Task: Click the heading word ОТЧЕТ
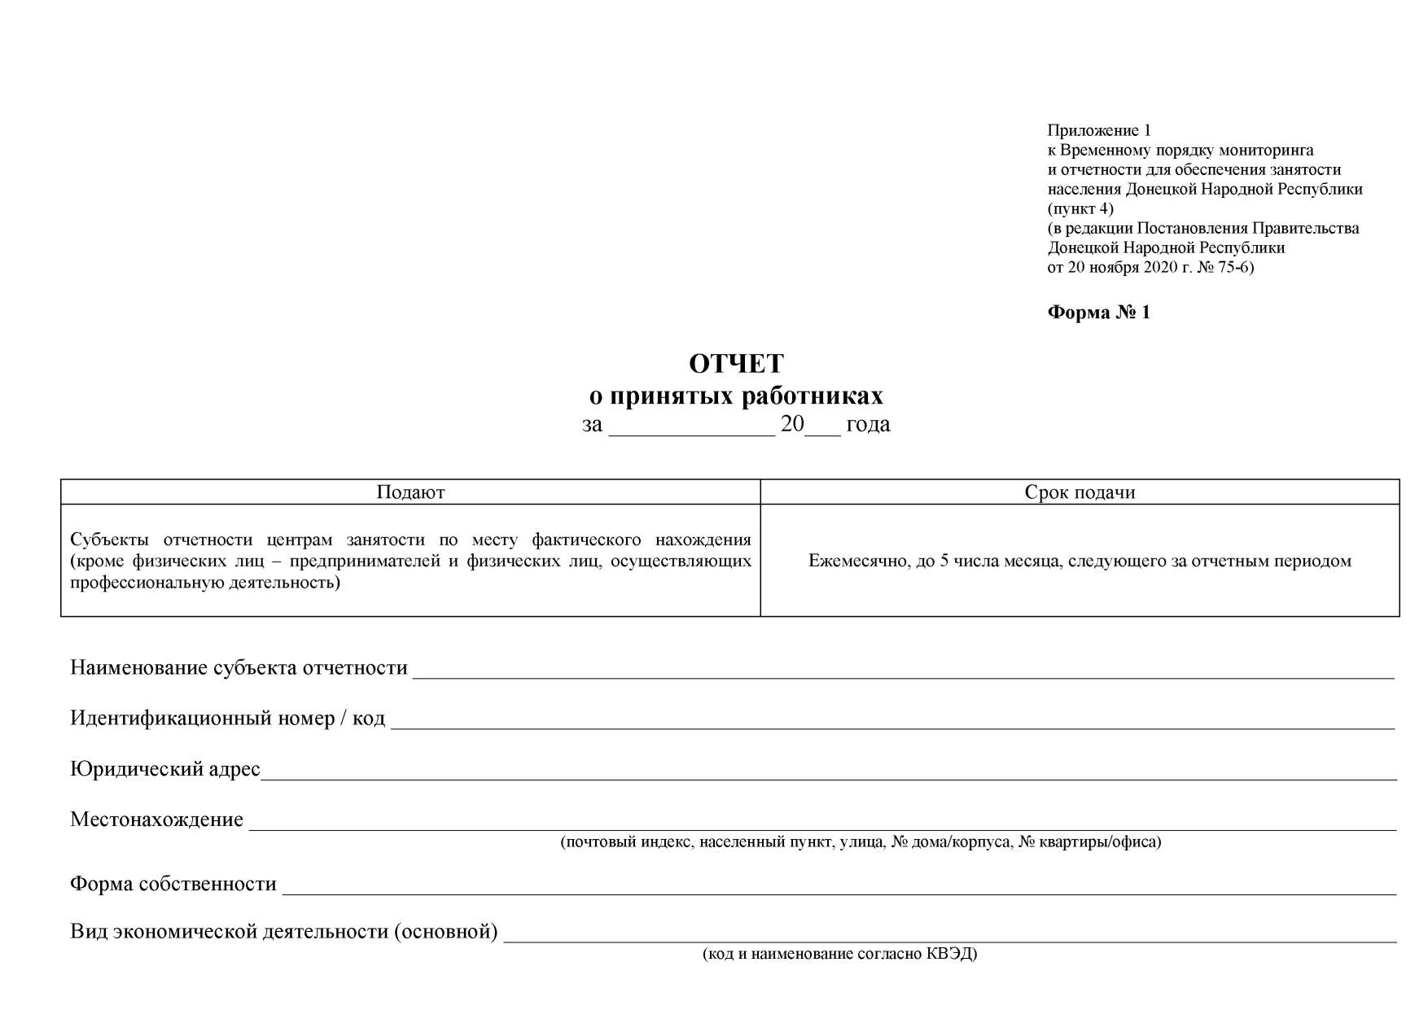(736, 363)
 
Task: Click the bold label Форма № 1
(1098, 313)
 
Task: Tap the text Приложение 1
(1098, 130)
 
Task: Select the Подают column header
(410, 492)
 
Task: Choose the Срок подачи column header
(1080, 492)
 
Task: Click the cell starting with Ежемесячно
(1080, 561)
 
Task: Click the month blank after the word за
(691, 431)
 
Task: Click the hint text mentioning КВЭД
(839, 954)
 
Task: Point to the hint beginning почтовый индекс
(861, 842)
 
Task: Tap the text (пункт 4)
(1080, 208)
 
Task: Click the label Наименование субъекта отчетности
(239, 668)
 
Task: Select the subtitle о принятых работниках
(736, 396)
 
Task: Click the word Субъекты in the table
(110, 540)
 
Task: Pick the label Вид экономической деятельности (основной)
(283, 932)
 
